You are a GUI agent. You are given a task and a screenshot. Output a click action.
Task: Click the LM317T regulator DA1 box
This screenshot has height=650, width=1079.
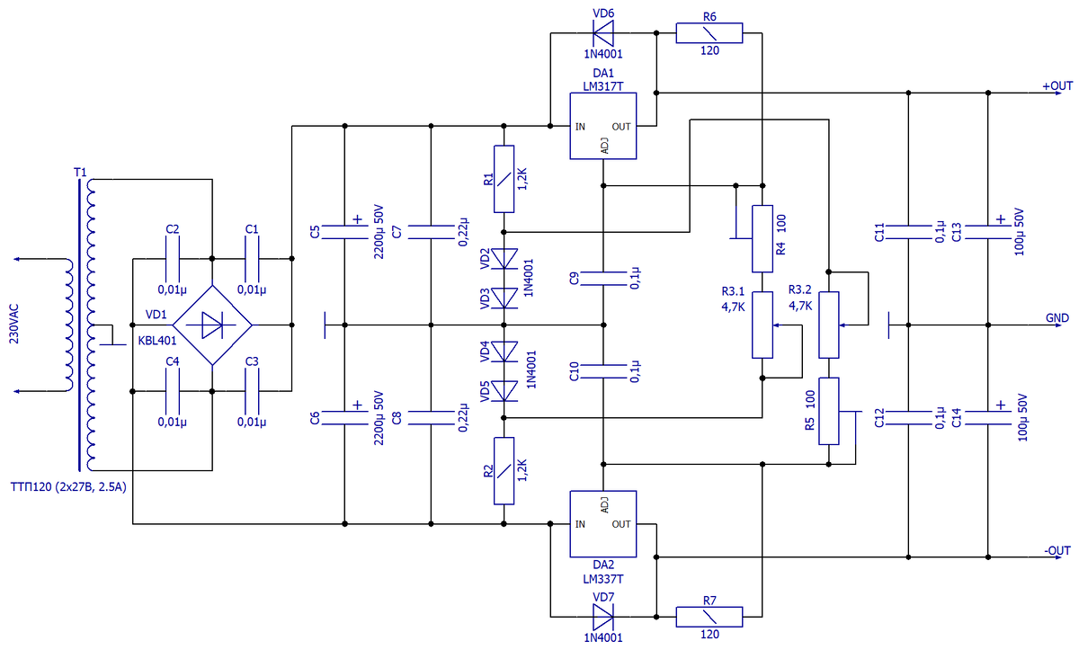(602, 127)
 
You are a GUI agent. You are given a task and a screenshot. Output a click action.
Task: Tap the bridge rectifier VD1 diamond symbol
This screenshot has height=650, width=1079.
(211, 325)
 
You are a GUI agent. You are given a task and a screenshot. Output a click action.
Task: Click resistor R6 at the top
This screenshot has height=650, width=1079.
(709, 34)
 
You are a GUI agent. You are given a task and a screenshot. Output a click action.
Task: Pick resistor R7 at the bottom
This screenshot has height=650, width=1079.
(709, 617)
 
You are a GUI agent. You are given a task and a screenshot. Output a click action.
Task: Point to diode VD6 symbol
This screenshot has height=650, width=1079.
(602, 34)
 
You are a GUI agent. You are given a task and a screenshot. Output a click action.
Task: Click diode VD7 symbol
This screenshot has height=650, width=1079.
(602, 617)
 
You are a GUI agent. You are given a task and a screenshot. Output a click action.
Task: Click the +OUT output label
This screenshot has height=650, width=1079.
(1057, 86)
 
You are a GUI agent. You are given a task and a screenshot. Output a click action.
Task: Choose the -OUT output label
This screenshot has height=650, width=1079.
(1057, 550)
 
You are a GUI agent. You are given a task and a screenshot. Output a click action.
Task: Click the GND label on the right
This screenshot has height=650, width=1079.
(1057, 318)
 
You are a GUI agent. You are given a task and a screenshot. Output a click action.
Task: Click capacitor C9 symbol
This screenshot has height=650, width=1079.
(602, 278)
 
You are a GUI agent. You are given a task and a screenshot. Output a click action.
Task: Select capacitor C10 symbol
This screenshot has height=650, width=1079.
(602, 370)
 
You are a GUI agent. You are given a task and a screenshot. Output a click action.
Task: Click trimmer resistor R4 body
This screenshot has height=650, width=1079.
(762, 238)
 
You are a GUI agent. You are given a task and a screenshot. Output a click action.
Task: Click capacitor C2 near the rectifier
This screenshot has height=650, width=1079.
(173, 259)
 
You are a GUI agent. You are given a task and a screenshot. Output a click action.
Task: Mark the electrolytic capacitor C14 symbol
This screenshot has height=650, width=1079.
(988, 415)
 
